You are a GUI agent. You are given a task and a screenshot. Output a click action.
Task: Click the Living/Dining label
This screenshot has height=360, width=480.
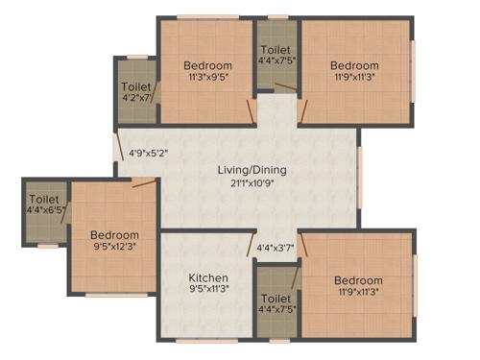point(252,170)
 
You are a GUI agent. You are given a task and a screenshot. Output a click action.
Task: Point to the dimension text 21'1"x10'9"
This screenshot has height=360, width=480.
point(252,182)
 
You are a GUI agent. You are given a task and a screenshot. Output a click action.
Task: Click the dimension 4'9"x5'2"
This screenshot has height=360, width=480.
point(148,152)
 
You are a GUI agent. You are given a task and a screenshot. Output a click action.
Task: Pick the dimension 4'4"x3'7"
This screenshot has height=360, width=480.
point(276,250)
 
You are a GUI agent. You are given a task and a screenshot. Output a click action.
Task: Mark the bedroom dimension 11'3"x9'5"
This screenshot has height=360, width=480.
point(207,79)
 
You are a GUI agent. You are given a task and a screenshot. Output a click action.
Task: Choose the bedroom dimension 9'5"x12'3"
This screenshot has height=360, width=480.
point(114,248)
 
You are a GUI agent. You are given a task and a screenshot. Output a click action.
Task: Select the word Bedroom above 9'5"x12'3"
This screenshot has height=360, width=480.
point(114,235)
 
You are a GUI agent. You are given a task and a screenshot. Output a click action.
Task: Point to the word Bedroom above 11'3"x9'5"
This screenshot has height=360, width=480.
point(207,66)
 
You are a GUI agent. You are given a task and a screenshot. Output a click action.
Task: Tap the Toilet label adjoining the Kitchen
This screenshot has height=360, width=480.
point(276,298)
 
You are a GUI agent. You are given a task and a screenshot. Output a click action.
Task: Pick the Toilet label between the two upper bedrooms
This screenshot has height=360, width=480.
point(276,48)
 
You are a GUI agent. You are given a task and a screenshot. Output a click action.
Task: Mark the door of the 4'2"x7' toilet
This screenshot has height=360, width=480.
point(155,96)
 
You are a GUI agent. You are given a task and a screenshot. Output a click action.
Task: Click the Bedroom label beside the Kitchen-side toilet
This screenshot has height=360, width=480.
point(358,280)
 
